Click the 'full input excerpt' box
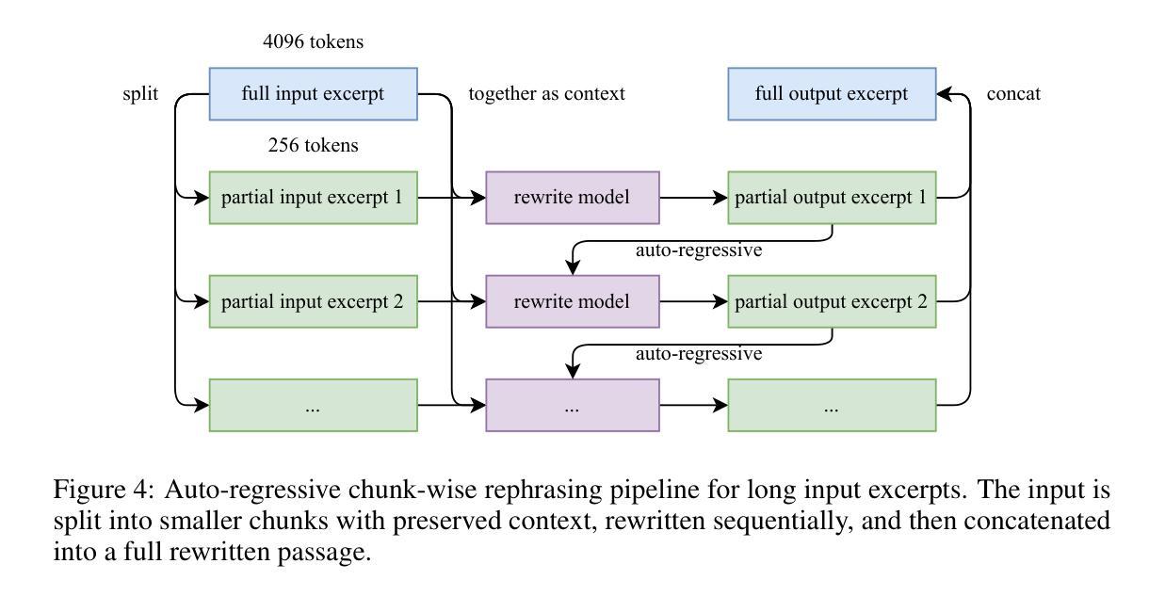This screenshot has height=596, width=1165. point(313,94)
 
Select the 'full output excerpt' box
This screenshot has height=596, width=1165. point(832,94)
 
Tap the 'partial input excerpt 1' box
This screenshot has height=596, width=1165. point(313,198)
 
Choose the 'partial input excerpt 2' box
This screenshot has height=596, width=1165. point(313,301)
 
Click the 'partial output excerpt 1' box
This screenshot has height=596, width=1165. point(832,198)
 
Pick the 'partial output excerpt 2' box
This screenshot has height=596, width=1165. point(832,301)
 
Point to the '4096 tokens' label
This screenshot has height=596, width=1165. point(313,41)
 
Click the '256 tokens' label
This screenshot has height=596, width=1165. point(313,145)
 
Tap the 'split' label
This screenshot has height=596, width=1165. point(140,94)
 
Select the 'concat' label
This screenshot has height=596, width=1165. point(1013,94)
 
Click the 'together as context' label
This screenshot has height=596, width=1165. point(546,94)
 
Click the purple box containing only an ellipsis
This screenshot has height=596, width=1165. point(573,405)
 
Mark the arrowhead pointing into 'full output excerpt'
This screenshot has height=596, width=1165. point(944,94)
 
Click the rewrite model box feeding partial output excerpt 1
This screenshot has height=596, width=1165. point(573,198)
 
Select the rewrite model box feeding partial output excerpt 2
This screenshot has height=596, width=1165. point(573,301)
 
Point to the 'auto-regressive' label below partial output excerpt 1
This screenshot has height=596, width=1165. point(699,250)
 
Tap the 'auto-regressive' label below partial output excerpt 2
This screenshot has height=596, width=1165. point(699,354)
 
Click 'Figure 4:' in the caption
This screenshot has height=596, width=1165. point(104,490)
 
